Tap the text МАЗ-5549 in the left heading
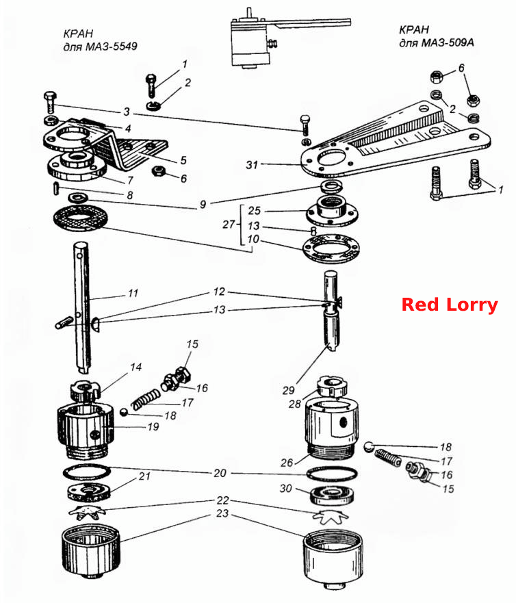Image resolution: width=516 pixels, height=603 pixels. point(111,47)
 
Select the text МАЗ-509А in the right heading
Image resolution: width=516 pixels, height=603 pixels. point(448,42)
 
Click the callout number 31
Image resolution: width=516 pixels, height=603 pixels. point(252,165)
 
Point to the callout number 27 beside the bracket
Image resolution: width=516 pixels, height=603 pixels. point(229,224)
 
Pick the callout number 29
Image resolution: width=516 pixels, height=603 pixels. point(288,390)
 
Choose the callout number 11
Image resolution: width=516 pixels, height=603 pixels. point(133,294)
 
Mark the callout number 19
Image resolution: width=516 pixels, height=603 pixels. point(153,427)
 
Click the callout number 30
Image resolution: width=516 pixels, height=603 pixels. point(285,489)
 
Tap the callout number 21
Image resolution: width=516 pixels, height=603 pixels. point(144,476)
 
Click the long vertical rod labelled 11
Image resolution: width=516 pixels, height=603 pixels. point(82,307)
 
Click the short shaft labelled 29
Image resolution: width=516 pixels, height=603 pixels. point(331,310)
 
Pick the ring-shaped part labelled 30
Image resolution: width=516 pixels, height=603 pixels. point(331,496)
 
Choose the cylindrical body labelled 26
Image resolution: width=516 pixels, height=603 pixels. point(332,428)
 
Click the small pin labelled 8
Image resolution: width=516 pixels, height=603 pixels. point(55,188)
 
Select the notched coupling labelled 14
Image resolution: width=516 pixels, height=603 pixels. point(85,391)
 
